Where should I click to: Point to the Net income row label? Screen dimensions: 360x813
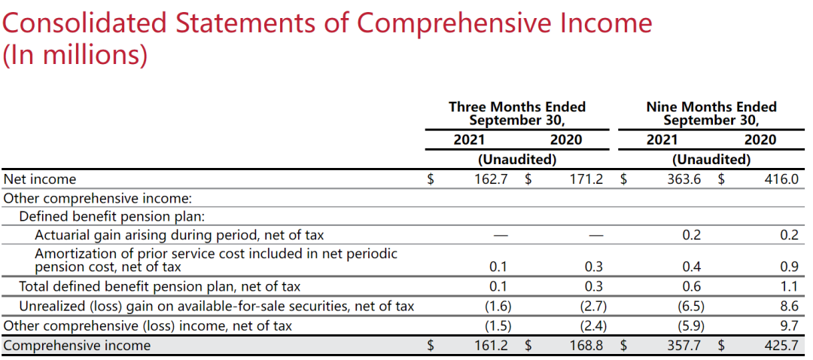pyautogui.click(x=40, y=179)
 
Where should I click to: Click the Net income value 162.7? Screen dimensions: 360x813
pyautogui.click(x=491, y=179)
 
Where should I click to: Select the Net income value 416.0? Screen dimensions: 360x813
pyautogui.click(x=780, y=179)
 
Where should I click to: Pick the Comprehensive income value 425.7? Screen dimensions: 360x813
pyautogui.click(x=780, y=346)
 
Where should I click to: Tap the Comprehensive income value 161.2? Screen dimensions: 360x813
pyautogui.click(x=491, y=346)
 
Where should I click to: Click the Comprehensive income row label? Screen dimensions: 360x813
pyautogui.click(x=77, y=346)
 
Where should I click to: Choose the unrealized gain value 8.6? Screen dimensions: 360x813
pyautogui.click(x=788, y=307)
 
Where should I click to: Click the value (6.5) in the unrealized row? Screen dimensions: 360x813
pyautogui.click(x=690, y=307)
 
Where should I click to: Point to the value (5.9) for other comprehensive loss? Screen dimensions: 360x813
pyautogui.click(x=690, y=326)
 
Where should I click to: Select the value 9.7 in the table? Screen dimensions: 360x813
pyautogui.click(x=788, y=326)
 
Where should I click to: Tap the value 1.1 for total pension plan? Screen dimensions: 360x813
pyautogui.click(x=788, y=286)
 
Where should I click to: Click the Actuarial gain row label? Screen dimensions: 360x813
pyautogui.click(x=179, y=235)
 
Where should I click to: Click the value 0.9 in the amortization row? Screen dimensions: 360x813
pyautogui.click(x=788, y=267)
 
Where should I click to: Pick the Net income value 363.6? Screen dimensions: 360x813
pyautogui.click(x=684, y=179)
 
